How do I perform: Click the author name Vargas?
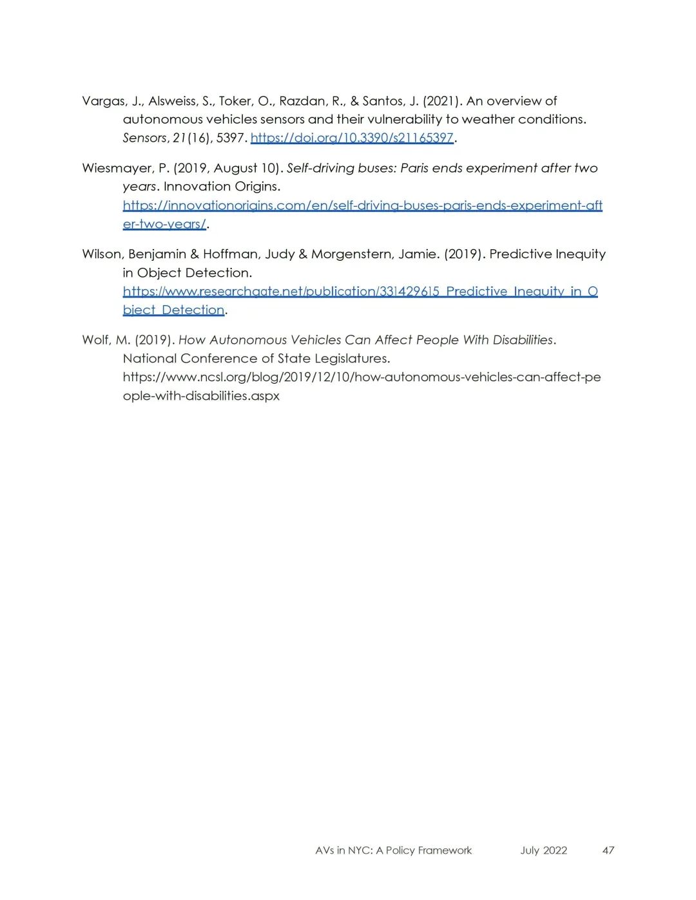click(103, 101)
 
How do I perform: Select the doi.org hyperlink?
click(352, 138)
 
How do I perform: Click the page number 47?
click(608, 850)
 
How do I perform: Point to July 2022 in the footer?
click(543, 850)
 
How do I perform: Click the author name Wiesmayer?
click(117, 168)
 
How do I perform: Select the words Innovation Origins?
click(222, 187)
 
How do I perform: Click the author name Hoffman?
click(230, 254)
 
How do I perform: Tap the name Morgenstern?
click(351, 254)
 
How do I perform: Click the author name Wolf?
click(95, 340)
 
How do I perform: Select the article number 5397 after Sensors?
click(230, 138)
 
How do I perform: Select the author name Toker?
click(235, 101)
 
